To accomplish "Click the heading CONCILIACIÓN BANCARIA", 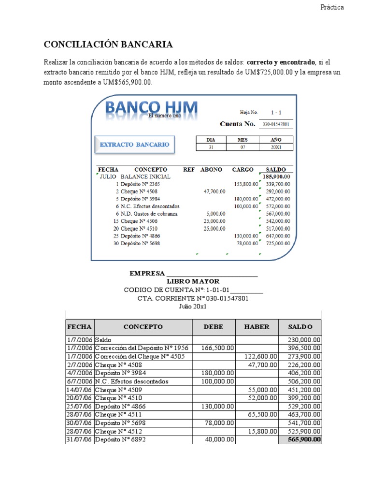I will tap(108, 45).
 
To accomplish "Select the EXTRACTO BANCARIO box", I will tap(134, 145).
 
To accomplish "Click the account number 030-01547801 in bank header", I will tap(276, 124).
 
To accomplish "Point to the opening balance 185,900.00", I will tap(276, 177).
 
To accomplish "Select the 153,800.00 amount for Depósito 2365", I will tap(246, 184).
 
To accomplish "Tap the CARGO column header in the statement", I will tap(243, 170).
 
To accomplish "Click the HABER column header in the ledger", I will tap(257, 327).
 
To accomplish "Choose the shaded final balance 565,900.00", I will tap(300, 439).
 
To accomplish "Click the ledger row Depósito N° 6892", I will tap(119, 439).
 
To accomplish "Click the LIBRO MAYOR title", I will tap(193, 281).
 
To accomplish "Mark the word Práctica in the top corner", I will tap(332, 7).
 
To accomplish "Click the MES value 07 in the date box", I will tap(243, 147).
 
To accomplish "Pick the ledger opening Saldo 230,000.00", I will tap(300, 340).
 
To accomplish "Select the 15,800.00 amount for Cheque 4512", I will tap(262, 431).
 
